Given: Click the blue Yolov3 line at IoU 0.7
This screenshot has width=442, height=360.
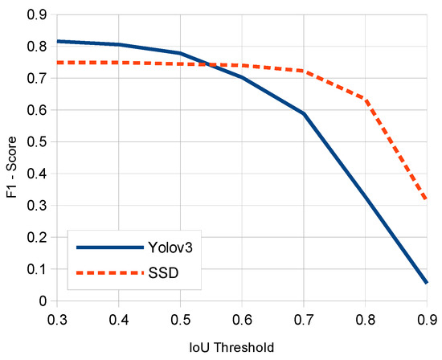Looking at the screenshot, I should coord(303,114).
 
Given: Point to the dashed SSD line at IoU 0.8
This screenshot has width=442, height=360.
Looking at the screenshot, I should coord(364,100).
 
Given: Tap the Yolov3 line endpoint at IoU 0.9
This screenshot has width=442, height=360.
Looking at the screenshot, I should coord(425,282).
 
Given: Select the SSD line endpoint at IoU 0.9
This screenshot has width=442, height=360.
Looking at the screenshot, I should coord(425,200).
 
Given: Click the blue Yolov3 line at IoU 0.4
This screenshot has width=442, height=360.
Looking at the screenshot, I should coord(118,44).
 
